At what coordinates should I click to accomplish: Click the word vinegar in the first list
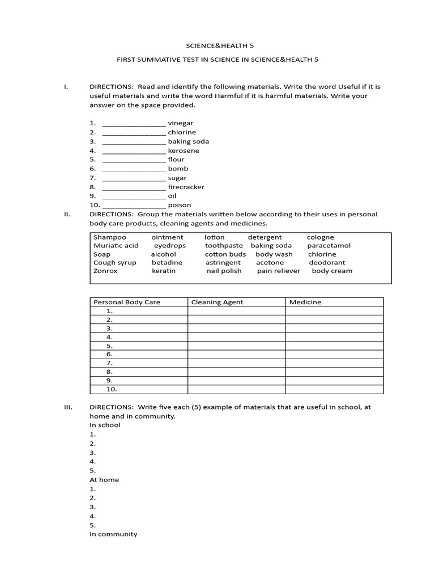click(x=181, y=123)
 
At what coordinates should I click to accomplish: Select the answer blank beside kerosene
click(x=134, y=151)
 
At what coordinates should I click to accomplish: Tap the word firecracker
click(x=186, y=187)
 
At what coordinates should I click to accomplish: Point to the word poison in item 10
click(x=180, y=205)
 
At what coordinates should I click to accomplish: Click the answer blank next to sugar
click(x=134, y=178)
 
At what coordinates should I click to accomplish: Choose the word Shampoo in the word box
click(x=110, y=237)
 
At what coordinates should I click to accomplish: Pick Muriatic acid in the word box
click(x=116, y=246)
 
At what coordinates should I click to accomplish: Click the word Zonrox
click(x=105, y=271)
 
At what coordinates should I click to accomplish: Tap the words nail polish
click(x=224, y=271)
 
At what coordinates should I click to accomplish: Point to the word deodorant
click(x=327, y=262)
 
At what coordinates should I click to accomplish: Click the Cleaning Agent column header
click(x=217, y=302)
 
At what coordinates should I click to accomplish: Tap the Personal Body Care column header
click(x=127, y=302)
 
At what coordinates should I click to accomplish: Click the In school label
click(x=105, y=425)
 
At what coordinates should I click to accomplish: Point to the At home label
click(x=104, y=480)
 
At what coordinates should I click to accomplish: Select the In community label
click(x=113, y=534)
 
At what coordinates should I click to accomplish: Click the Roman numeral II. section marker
click(x=66, y=214)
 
